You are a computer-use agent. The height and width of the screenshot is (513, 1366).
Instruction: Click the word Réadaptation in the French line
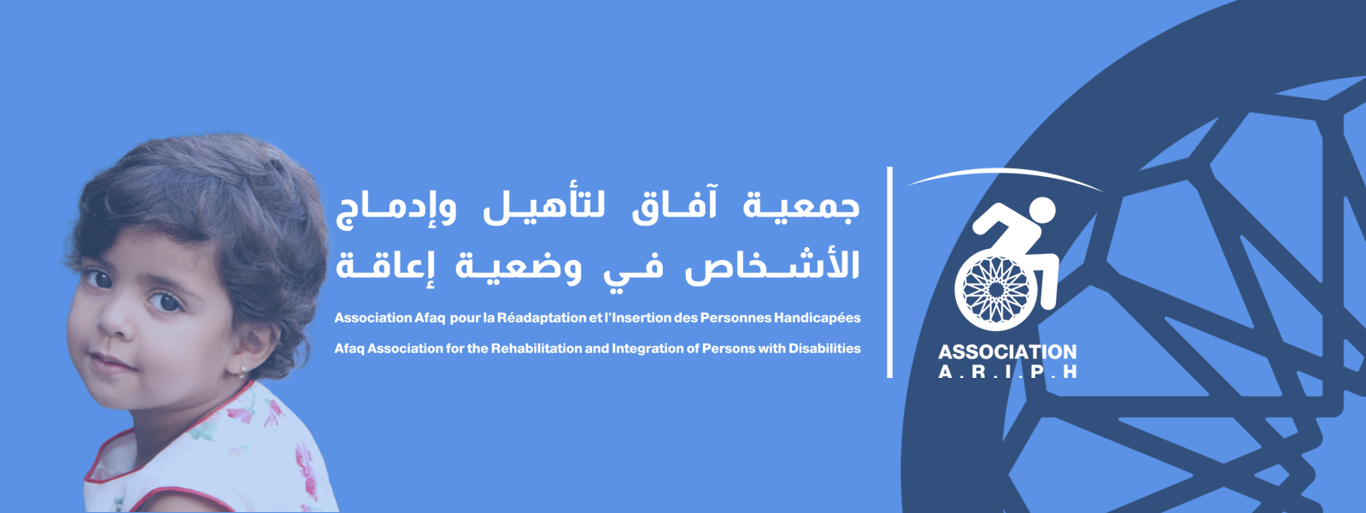(535, 318)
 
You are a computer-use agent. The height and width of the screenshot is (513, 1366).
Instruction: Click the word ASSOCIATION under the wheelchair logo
(1007, 352)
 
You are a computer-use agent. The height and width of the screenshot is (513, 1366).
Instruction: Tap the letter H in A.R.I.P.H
(1070, 371)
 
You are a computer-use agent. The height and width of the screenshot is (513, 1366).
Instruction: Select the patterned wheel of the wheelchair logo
(995, 291)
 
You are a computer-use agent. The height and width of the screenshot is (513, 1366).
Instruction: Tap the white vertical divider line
(889, 272)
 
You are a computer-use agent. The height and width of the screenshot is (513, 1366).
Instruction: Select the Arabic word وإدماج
(396, 210)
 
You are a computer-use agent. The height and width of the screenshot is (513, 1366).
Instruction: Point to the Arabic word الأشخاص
(772, 267)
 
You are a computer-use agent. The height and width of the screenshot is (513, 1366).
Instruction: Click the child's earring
(243, 370)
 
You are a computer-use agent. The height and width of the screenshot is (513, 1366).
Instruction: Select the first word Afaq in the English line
(349, 349)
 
